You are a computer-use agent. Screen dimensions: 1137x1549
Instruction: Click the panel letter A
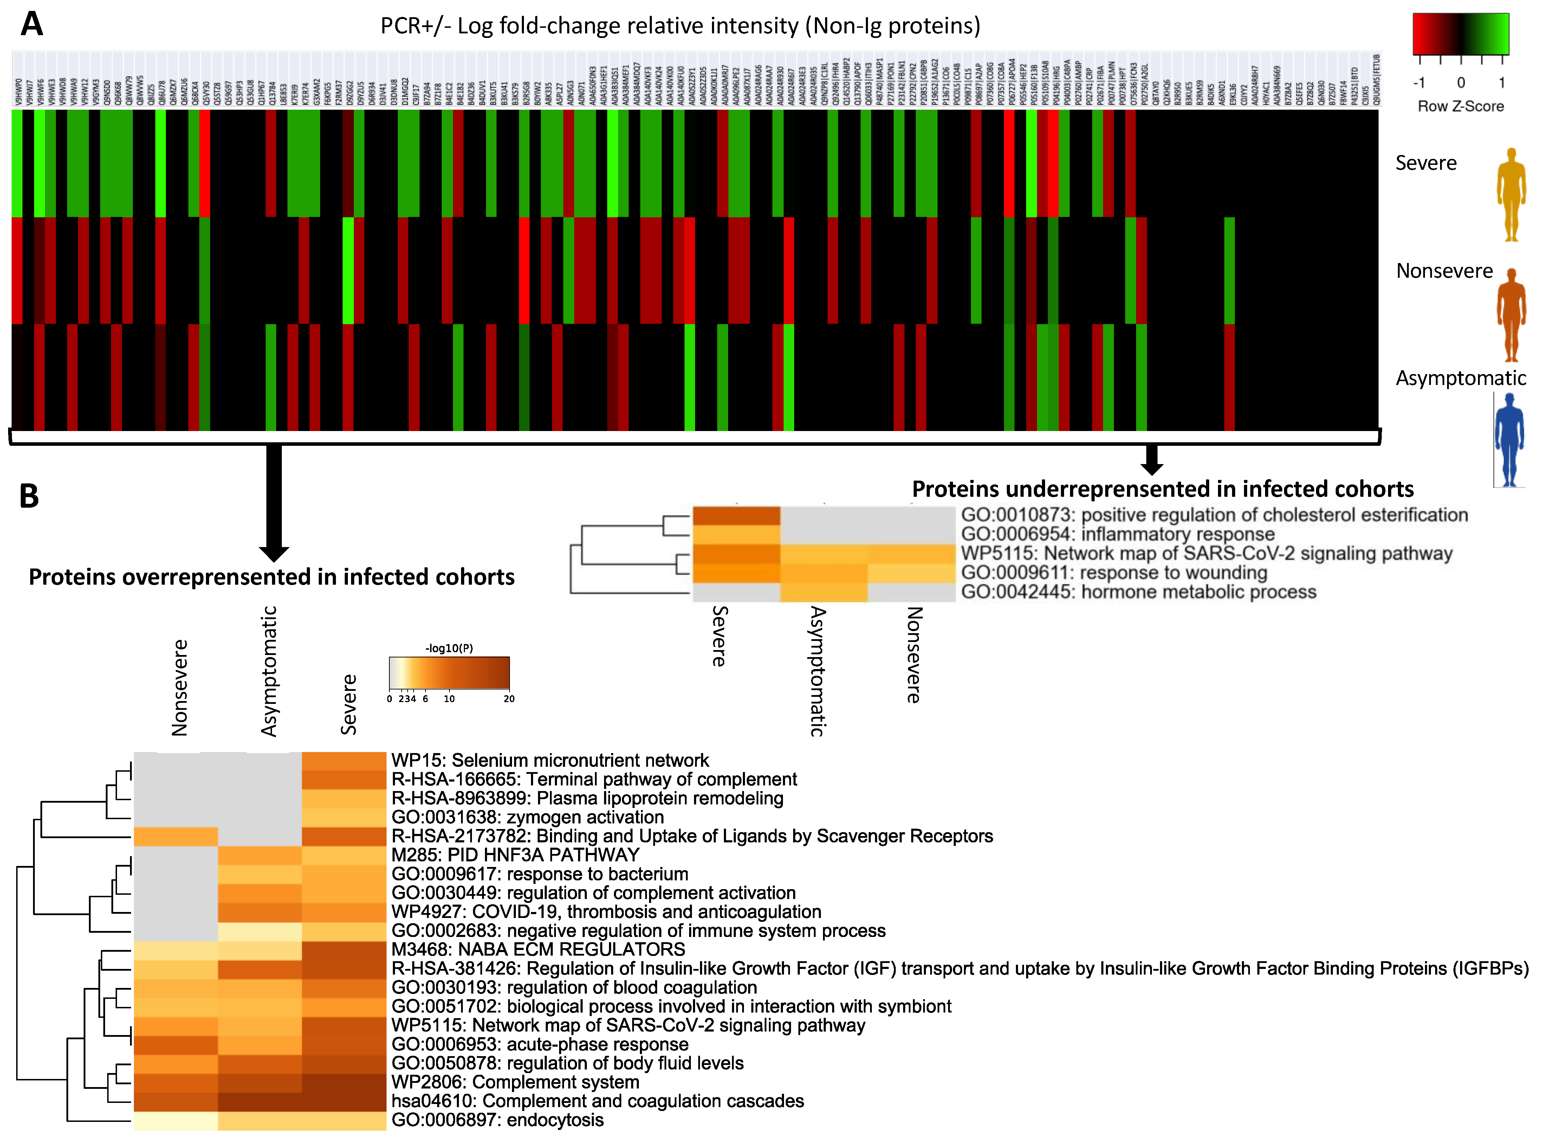click(32, 24)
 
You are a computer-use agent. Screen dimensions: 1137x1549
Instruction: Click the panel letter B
click(29, 496)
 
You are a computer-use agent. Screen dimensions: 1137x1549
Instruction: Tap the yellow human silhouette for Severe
click(1510, 195)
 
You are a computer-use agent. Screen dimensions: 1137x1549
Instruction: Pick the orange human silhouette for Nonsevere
click(1510, 315)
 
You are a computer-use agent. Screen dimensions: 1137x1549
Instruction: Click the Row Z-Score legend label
click(1460, 106)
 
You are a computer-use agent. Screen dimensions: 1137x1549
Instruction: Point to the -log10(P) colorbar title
click(448, 648)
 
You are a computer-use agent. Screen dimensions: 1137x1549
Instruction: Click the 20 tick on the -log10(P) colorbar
click(509, 699)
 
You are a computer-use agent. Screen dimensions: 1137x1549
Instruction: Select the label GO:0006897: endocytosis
click(497, 1120)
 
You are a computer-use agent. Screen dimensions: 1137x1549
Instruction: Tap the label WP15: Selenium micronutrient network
click(550, 760)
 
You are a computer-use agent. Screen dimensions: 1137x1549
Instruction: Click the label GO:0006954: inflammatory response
click(1117, 534)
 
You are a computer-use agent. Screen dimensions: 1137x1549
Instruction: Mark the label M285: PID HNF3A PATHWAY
click(515, 855)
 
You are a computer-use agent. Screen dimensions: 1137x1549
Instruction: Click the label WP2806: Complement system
click(515, 1082)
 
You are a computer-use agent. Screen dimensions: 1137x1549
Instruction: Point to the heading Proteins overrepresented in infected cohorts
click(272, 577)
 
